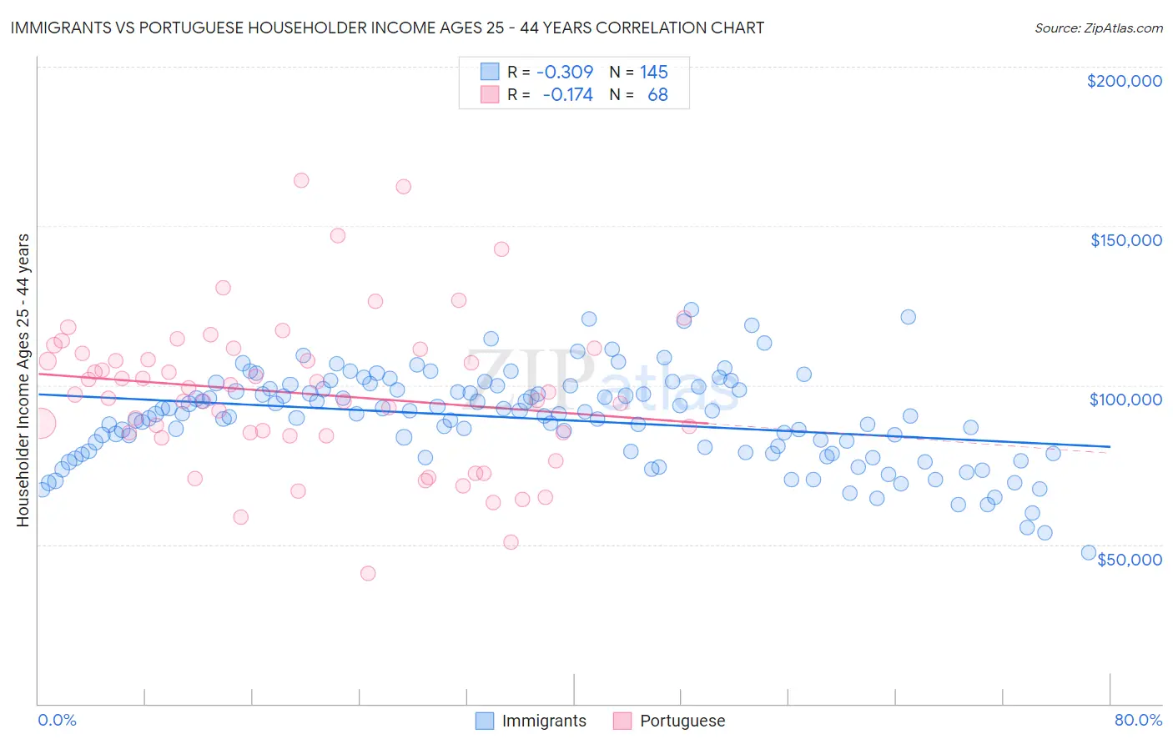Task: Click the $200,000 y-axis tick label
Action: click(x=1124, y=81)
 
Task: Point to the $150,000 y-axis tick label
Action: click(x=1125, y=240)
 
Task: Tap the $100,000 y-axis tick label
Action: click(x=1125, y=400)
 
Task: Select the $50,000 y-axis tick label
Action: click(x=1129, y=559)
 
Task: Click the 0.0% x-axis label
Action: click(x=57, y=720)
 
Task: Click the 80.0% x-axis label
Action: click(x=1138, y=720)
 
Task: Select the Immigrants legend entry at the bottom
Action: click(x=543, y=721)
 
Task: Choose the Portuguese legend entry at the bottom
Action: click(x=682, y=721)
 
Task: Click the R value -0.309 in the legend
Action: click(x=565, y=72)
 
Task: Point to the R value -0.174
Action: click(x=567, y=94)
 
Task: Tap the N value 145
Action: click(x=653, y=72)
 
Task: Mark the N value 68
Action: click(x=657, y=94)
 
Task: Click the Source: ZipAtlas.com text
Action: click(x=1098, y=28)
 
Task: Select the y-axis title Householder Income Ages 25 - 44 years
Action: click(x=23, y=380)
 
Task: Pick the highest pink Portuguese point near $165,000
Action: click(x=301, y=180)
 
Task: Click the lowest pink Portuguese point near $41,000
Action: click(x=368, y=573)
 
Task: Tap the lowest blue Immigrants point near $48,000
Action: click(x=1088, y=552)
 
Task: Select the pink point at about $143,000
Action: click(x=501, y=249)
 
